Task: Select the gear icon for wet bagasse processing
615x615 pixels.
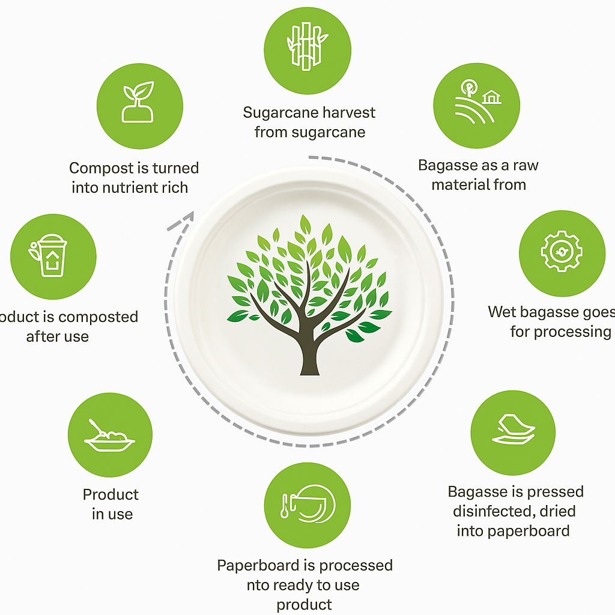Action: pos(562,253)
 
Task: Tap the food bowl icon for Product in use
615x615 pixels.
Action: pos(109,435)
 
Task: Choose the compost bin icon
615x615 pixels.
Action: pos(53,256)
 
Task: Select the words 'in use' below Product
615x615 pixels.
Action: pos(112,514)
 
